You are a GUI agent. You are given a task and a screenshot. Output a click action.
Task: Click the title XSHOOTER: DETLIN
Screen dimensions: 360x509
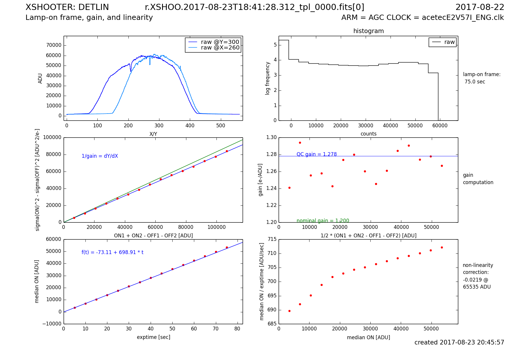(x=67, y=7)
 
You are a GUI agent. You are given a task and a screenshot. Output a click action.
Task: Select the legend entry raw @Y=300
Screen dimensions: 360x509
(x=220, y=42)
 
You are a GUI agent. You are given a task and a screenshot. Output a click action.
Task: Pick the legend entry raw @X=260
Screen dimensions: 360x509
(x=220, y=48)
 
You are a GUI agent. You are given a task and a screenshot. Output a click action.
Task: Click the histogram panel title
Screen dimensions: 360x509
(x=368, y=31)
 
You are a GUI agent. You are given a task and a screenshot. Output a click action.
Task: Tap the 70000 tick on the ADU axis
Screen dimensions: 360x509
(x=54, y=45)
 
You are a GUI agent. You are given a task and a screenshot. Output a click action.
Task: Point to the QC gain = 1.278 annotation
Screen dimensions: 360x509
(x=317, y=154)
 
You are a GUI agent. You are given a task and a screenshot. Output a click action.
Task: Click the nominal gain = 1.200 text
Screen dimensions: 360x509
(x=323, y=221)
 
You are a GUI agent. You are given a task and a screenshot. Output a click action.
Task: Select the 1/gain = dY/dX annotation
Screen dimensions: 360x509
(x=100, y=156)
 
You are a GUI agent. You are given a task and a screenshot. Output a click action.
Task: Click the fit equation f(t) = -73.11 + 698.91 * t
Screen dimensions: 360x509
(x=112, y=252)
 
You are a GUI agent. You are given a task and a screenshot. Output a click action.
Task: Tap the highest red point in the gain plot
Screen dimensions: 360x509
(x=300, y=143)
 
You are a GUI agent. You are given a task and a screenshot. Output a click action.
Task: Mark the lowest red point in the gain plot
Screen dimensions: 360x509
(x=289, y=188)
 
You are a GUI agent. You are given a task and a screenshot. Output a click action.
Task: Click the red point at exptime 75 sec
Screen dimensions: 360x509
(x=227, y=247)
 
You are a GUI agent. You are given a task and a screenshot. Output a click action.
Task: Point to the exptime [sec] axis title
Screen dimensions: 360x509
(x=153, y=337)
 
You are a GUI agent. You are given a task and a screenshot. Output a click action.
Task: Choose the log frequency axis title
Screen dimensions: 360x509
(x=267, y=78)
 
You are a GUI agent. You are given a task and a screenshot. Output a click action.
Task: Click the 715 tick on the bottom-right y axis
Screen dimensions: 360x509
(x=272, y=239)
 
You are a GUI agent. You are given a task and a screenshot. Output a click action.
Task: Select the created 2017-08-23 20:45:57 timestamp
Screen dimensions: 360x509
(x=459, y=342)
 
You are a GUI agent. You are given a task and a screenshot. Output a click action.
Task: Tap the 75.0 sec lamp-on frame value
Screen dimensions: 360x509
(x=474, y=82)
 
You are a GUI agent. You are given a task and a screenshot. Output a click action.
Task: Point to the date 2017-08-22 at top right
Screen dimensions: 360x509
(x=480, y=7)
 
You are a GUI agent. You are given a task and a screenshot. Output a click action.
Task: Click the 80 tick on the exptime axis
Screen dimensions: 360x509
(x=237, y=329)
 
